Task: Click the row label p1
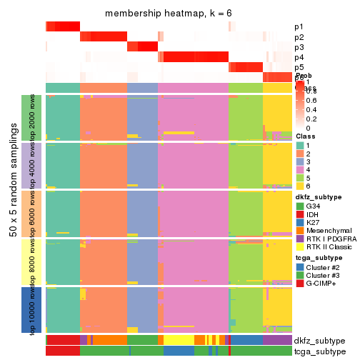pyautogui.click(x=299, y=26)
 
